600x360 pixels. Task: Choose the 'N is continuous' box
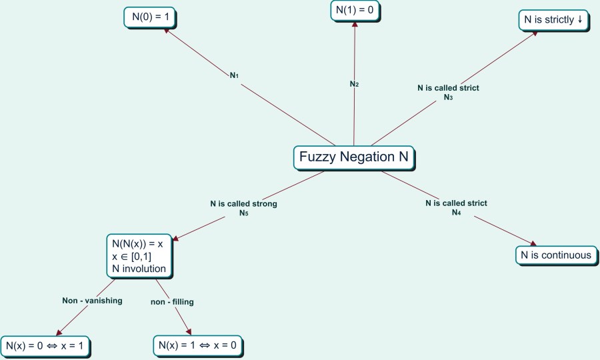(556, 255)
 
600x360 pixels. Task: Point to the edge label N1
(235, 75)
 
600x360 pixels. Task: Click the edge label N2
(355, 84)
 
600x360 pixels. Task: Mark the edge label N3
(448, 97)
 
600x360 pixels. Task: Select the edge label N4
(456, 213)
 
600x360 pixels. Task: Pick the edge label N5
(244, 213)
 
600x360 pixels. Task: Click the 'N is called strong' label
(243, 204)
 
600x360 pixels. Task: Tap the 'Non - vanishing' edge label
(92, 301)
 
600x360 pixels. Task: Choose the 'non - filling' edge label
(172, 302)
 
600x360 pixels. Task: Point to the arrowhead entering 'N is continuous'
(533, 244)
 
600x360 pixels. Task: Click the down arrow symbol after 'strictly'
(580, 19)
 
